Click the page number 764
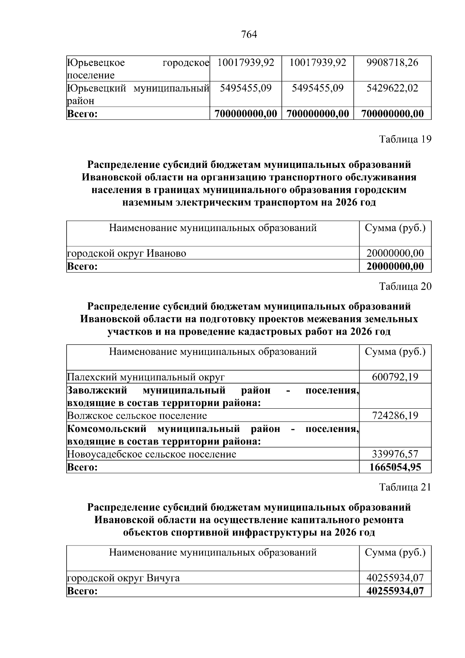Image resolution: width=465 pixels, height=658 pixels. click(x=249, y=35)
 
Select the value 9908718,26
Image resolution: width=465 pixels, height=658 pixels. click(x=392, y=62)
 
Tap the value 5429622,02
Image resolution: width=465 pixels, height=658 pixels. click(x=392, y=88)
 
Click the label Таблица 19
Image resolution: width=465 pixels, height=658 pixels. click(x=405, y=139)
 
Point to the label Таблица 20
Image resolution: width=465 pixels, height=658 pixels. click(x=405, y=287)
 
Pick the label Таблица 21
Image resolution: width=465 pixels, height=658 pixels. click(x=405, y=487)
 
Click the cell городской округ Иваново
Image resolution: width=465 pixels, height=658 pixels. click(x=127, y=254)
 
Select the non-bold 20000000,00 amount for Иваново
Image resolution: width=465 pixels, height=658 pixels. click(x=395, y=254)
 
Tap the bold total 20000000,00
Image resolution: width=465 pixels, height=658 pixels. click(x=395, y=266)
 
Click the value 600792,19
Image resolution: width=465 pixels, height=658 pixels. click(x=395, y=377)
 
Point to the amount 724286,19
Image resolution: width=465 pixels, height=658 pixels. click(x=395, y=416)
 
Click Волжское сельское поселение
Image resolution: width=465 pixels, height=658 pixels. click(x=137, y=416)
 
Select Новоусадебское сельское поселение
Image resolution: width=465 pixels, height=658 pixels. click(x=152, y=454)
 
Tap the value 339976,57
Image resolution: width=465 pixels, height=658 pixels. click(x=395, y=454)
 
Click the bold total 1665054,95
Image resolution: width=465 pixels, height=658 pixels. click(x=395, y=467)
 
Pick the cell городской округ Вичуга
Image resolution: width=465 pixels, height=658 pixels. click(x=124, y=578)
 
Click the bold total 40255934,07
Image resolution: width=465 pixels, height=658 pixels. click(x=395, y=591)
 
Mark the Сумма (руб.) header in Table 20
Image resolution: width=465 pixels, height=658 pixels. click(x=395, y=352)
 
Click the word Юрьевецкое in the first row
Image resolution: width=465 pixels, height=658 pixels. click(x=96, y=62)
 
